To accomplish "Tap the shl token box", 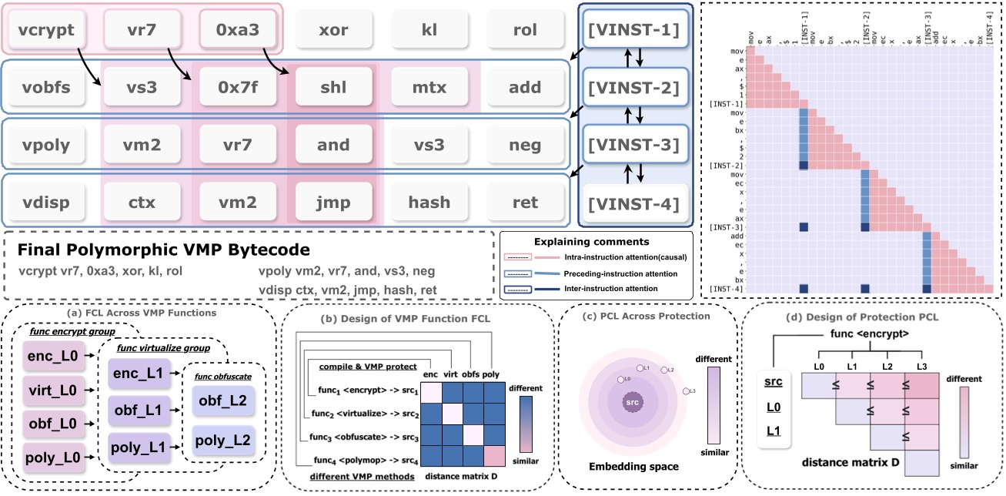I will tap(333, 88).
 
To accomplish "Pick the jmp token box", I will tap(333, 203).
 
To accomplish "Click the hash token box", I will tap(429, 203).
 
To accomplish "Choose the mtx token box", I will tap(429, 88).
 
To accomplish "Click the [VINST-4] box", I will tap(632, 205).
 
